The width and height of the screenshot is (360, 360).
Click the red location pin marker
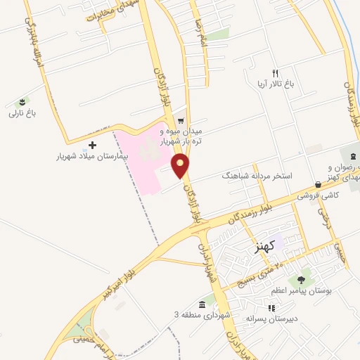pos(181,166)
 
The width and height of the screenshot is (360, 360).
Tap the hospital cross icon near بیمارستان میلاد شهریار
pos(93,145)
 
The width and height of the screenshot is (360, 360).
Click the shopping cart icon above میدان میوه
pos(181,119)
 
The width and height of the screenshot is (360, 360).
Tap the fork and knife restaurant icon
pos(276,73)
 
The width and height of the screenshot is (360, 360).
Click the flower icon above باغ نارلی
pos(22,102)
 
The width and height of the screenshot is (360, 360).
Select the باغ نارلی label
pos(22,113)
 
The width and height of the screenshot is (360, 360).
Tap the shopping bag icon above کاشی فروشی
pos(319,184)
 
